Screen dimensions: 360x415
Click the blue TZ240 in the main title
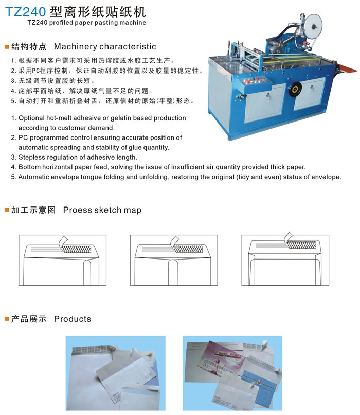[25, 12]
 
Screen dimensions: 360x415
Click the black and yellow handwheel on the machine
[295, 90]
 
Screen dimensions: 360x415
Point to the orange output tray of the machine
[347, 68]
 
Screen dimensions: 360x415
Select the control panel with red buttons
[255, 83]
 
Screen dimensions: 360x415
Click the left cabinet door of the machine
[264, 103]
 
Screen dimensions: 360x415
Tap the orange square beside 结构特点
[7, 47]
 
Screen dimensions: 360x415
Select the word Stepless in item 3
[30, 157]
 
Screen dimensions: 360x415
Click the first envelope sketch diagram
[62, 260]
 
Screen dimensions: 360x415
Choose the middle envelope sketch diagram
[174, 260]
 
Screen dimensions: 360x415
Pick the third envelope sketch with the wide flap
[285, 260]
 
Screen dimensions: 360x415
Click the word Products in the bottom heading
[73, 319]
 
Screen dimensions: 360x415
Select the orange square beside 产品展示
[7, 319]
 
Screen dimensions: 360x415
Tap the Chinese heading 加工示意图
[33, 210]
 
